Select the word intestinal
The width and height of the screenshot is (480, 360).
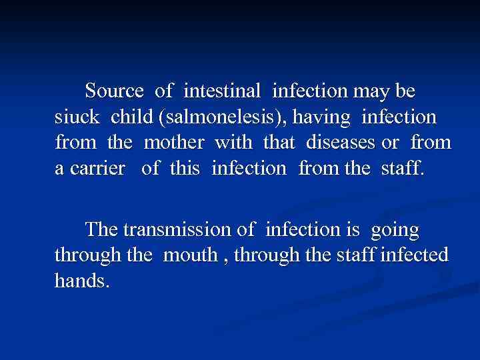[223, 90]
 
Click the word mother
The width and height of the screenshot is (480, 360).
[175, 143]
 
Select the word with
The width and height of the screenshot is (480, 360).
[236, 143]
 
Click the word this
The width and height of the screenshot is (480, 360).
[185, 169]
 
